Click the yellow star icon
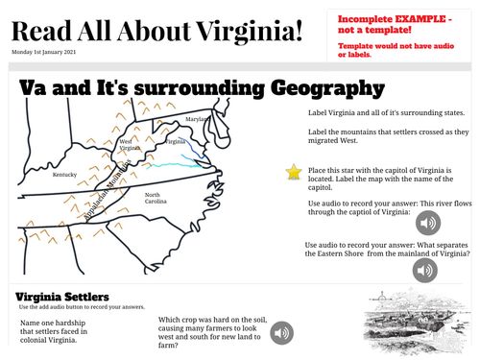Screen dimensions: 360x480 click(x=294, y=172)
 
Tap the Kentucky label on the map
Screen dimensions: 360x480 click(x=64, y=175)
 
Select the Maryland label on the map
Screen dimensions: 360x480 click(x=196, y=119)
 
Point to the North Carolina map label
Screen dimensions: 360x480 click(x=156, y=199)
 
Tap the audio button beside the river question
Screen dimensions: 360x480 click(x=428, y=223)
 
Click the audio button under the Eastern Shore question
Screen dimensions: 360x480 click(x=424, y=271)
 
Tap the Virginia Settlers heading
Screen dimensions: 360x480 click(x=62, y=297)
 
